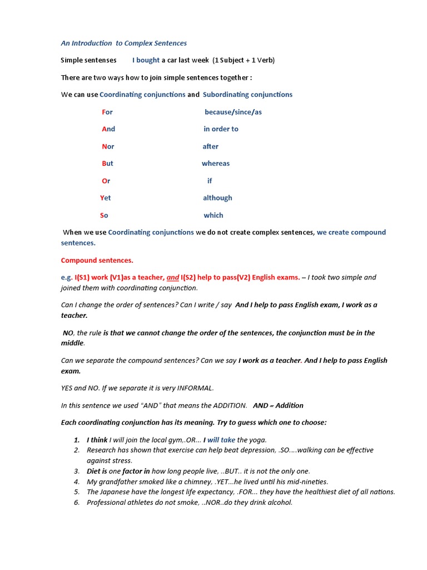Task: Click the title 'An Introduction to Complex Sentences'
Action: [x=123, y=43]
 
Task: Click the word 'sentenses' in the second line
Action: [x=100, y=60]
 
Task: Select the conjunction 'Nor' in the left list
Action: [x=108, y=146]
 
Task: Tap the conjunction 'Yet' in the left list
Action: [x=106, y=198]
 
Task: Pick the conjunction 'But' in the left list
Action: [x=107, y=164]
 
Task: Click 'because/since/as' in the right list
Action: [x=233, y=112]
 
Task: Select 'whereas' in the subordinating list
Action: [x=216, y=164]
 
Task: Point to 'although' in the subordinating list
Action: [x=217, y=198]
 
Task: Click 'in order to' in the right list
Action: [x=221, y=129]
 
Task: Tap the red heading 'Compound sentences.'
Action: [x=97, y=260]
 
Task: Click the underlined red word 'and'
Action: [x=173, y=277]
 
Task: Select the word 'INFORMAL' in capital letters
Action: [x=195, y=388]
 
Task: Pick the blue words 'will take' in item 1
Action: [x=221, y=440]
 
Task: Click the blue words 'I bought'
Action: [x=146, y=60]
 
